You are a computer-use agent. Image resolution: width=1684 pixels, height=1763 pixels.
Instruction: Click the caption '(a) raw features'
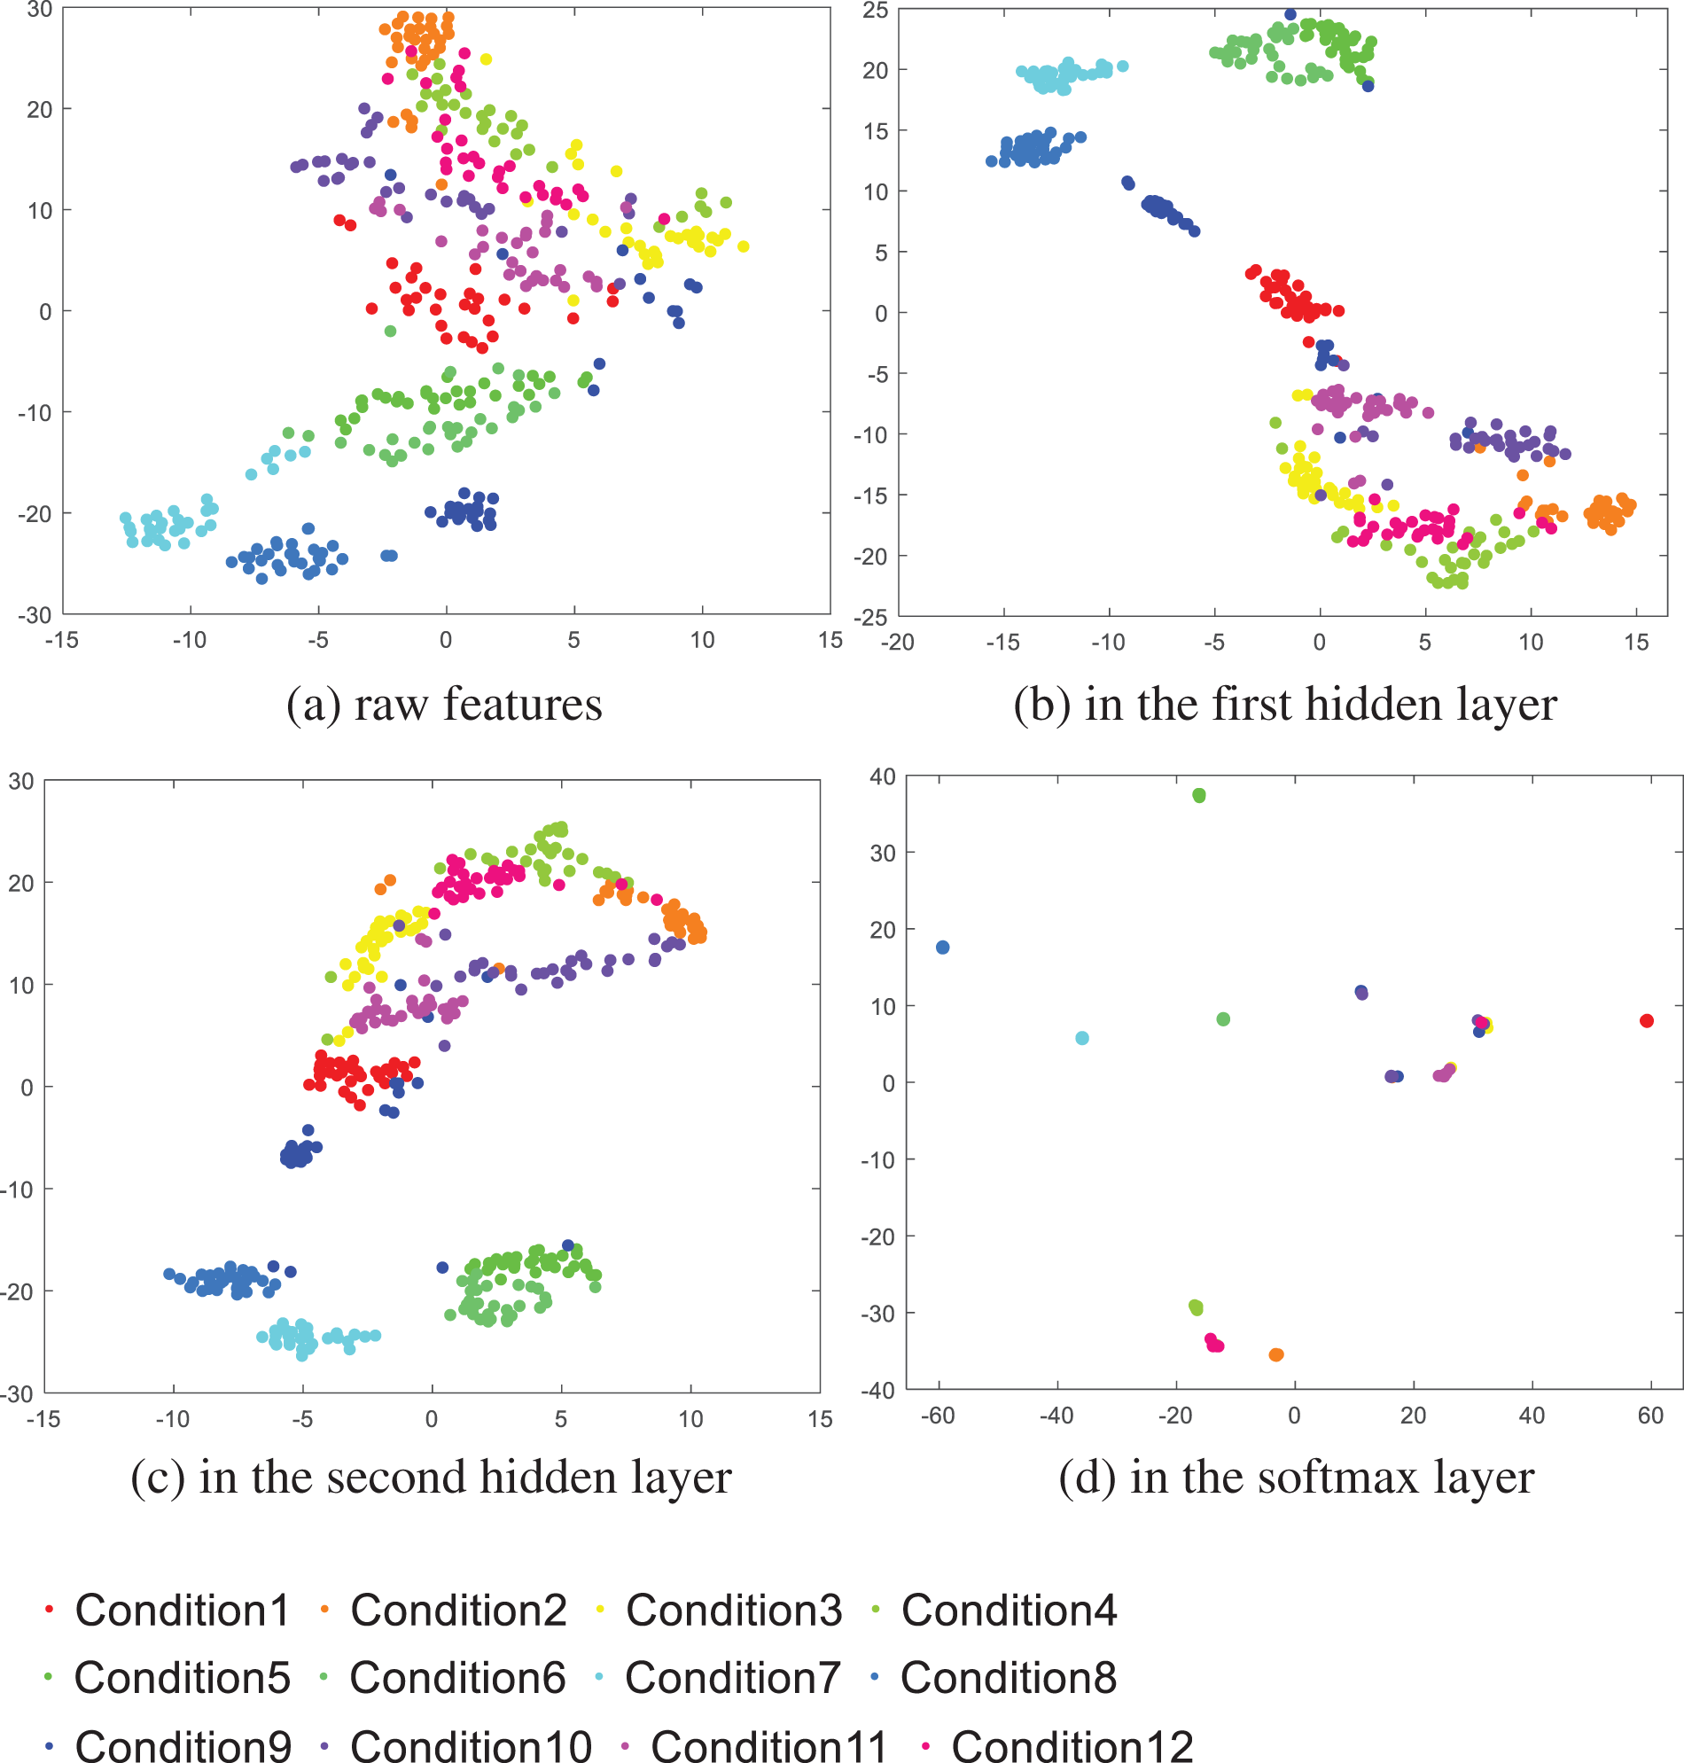point(444,704)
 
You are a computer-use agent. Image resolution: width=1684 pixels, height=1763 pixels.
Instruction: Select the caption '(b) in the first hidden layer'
point(1284,704)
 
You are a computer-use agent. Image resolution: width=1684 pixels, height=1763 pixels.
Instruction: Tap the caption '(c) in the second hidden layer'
point(431,1477)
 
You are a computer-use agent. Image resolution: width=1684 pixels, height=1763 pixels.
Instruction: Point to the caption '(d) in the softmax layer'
point(1296,1477)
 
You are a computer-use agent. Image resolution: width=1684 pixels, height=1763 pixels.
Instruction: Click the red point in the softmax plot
point(1646,1020)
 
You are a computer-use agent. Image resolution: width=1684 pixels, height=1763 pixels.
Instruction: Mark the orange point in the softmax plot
point(1275,1354)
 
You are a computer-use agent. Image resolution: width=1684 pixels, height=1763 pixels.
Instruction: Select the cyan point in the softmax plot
point(1081,1038)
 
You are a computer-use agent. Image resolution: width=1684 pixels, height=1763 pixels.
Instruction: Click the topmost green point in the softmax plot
point(1198,795)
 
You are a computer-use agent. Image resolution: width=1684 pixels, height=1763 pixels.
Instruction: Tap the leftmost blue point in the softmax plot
point(942,947)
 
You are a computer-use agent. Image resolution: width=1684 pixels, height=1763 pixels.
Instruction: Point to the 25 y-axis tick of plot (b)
point(874,11)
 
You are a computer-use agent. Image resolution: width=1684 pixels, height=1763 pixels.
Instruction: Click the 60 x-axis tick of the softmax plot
point(1651,1416)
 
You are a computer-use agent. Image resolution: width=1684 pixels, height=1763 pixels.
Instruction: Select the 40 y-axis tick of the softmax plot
point(883,776)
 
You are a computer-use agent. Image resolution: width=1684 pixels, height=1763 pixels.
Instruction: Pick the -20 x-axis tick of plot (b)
point(898,642)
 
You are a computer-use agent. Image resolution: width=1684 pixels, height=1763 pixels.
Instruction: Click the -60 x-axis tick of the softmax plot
point(938,1416)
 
